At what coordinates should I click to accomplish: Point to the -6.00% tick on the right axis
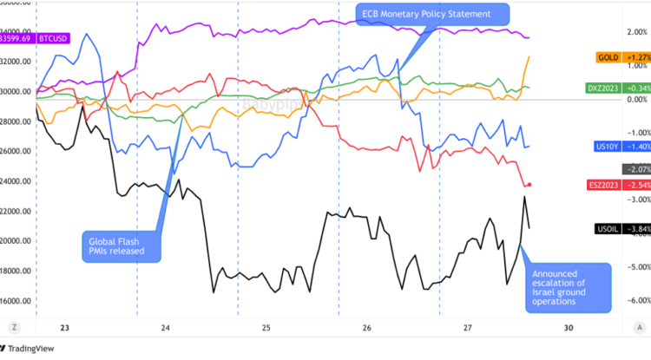pos(633,301)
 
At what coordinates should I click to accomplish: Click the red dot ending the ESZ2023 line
pos(529,185)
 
